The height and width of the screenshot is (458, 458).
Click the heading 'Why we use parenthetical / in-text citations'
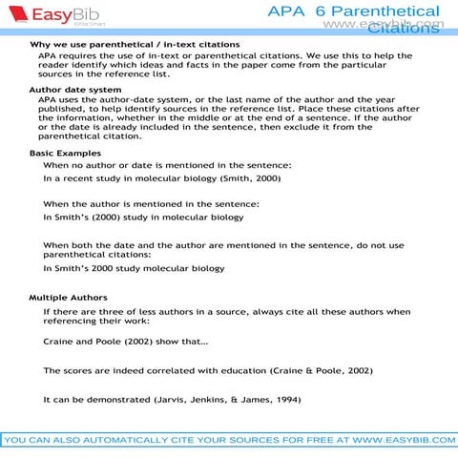(135, 45)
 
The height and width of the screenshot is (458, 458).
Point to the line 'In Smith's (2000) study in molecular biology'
(143, 217)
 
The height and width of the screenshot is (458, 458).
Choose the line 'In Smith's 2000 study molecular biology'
(134, 268)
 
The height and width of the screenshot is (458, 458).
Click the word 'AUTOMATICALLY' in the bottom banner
(133, 440)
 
